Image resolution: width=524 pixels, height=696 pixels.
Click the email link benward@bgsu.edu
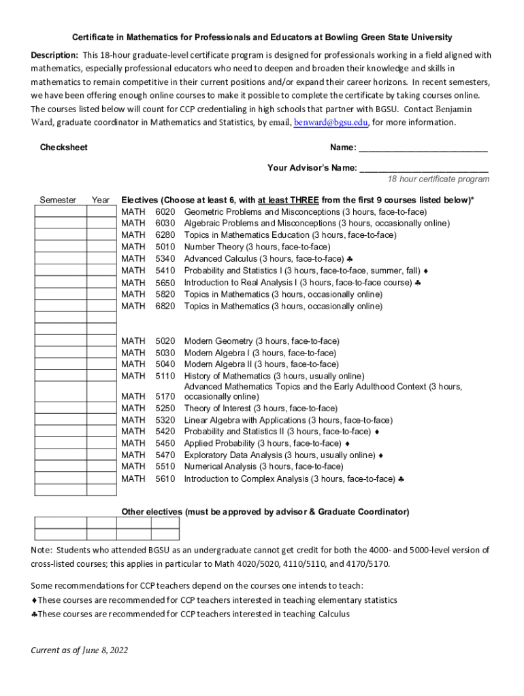pos(331,123)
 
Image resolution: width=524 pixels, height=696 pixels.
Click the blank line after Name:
pos(423,148)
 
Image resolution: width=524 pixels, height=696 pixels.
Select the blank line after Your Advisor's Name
pos(423,168)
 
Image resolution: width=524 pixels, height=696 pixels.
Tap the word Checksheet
pos(64,147)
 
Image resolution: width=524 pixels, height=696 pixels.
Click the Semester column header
pos(58,201)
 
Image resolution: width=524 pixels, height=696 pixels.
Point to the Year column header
pos(101,201)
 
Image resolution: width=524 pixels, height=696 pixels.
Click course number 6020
pos(165,212)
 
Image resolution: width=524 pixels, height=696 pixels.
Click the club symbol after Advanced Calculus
pos(348,259)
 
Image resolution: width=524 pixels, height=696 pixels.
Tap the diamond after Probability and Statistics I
pos(425,271)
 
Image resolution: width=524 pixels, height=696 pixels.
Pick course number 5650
pos(165,283)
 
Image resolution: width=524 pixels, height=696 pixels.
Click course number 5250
pos(165,408)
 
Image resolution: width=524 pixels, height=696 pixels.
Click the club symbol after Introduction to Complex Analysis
pos(402,479)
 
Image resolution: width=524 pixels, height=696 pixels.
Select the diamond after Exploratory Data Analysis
pos(381,455)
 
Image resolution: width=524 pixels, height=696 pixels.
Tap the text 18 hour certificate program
pos(438,179)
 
